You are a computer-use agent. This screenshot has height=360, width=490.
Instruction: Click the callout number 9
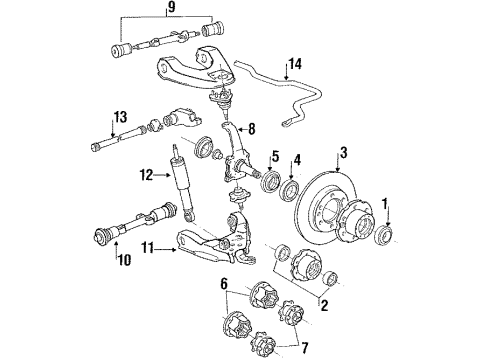(x=172, y=11)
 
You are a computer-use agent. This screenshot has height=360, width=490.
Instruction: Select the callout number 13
(x=119, y=117)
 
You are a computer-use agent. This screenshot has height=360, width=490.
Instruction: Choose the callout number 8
(x=253, y=128)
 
